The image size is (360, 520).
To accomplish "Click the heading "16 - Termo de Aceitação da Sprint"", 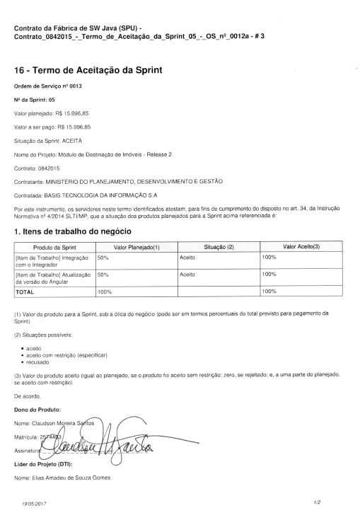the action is click(88, 70).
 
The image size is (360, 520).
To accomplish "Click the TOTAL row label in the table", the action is click(25, 291).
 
